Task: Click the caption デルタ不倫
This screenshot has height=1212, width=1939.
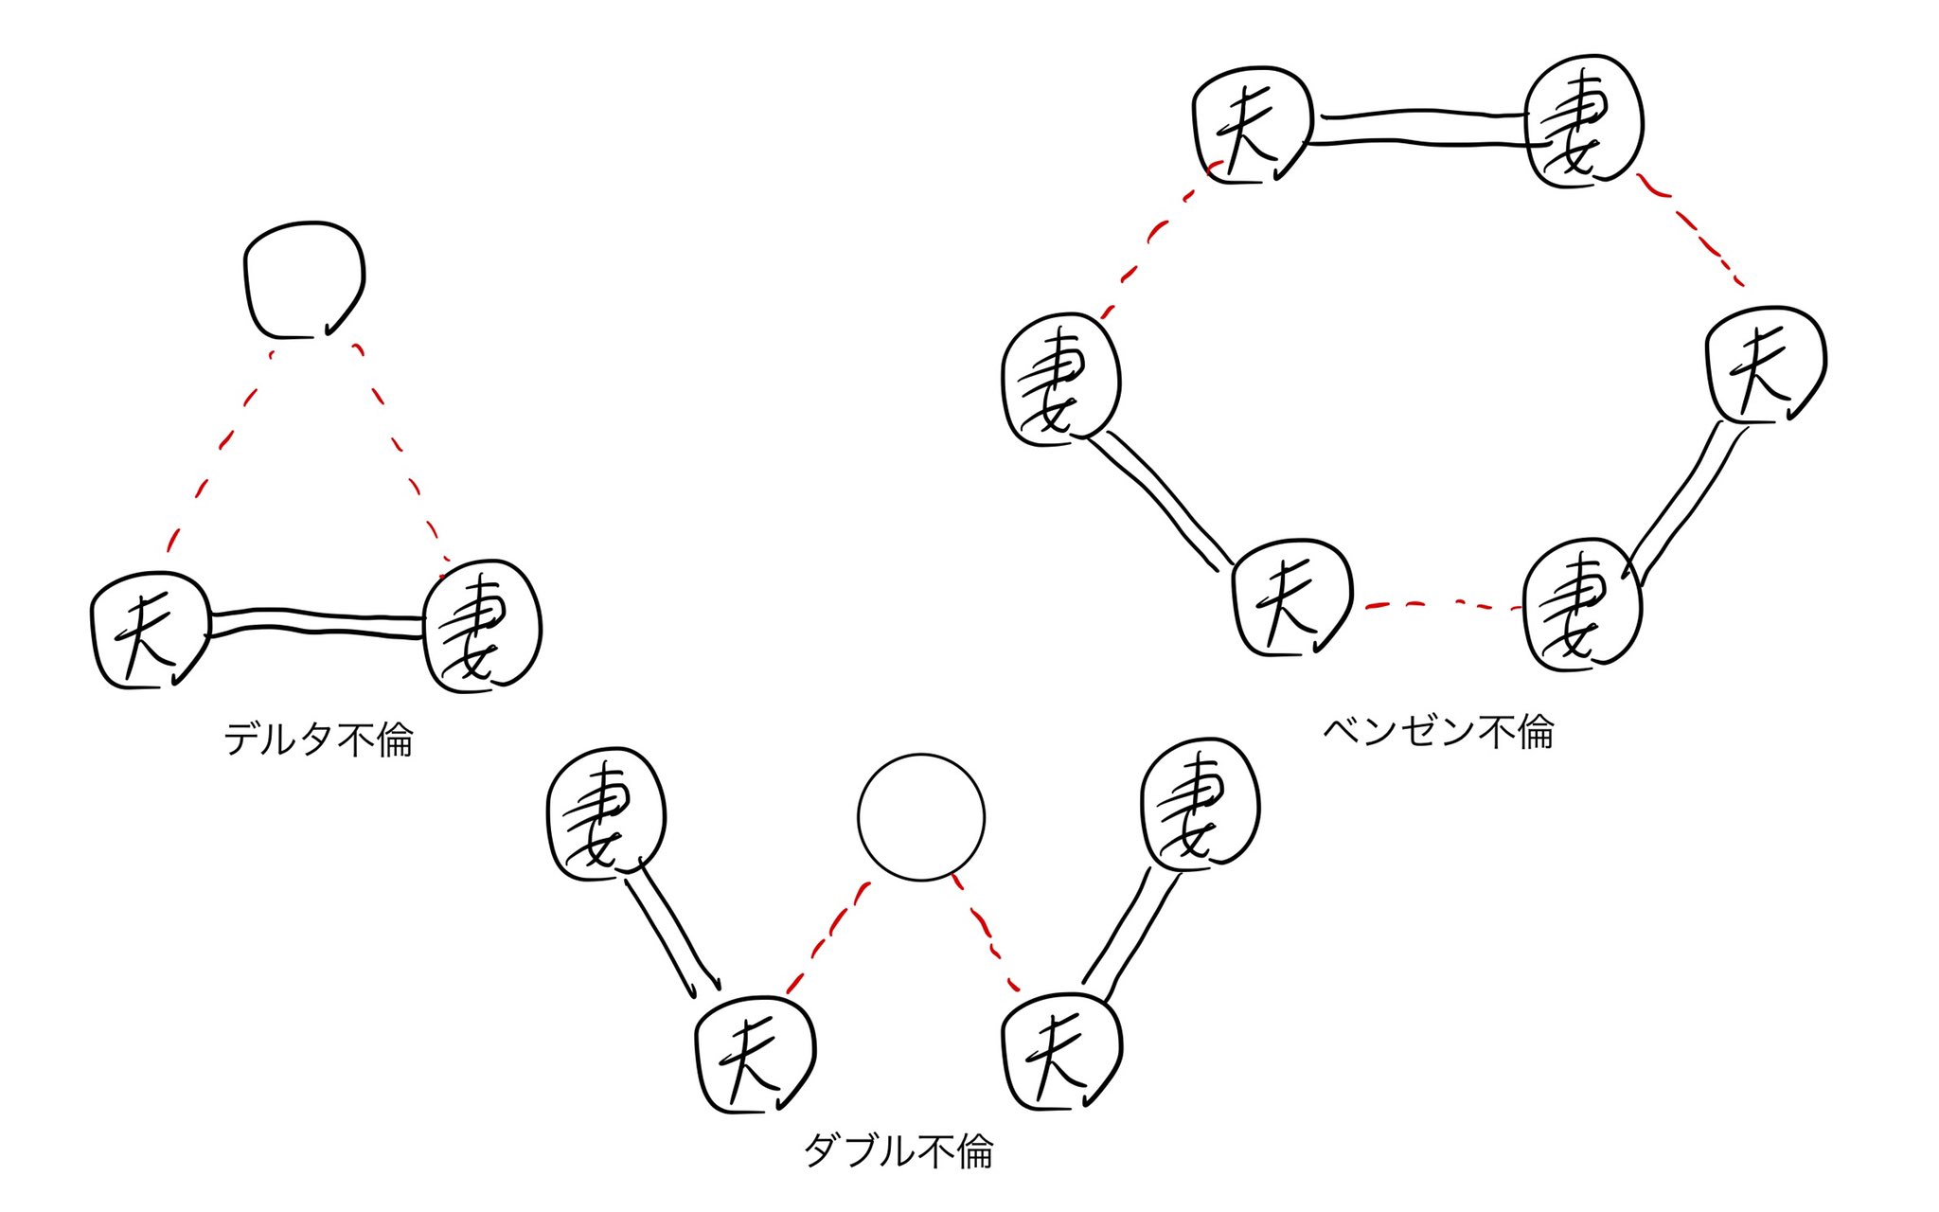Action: (318, 739)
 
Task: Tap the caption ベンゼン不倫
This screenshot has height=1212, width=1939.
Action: (1437, 731)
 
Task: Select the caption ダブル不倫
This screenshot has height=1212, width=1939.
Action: (898, 1151)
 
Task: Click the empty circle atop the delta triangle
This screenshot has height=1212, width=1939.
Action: (303, 280)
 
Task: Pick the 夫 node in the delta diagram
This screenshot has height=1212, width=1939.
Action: (150, 631)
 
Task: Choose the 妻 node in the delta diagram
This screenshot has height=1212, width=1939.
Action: (483, 625)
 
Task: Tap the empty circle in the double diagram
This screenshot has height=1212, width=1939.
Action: (920, 817)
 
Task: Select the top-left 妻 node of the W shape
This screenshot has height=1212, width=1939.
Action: (607, 814)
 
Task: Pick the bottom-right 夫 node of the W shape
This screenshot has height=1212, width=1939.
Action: (1060, 1052)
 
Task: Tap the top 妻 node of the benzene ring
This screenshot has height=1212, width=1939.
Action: (1585, 121)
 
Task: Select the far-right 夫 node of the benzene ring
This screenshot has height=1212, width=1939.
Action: (1766, 365)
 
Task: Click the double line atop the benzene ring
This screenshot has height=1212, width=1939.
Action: (1418, 129)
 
